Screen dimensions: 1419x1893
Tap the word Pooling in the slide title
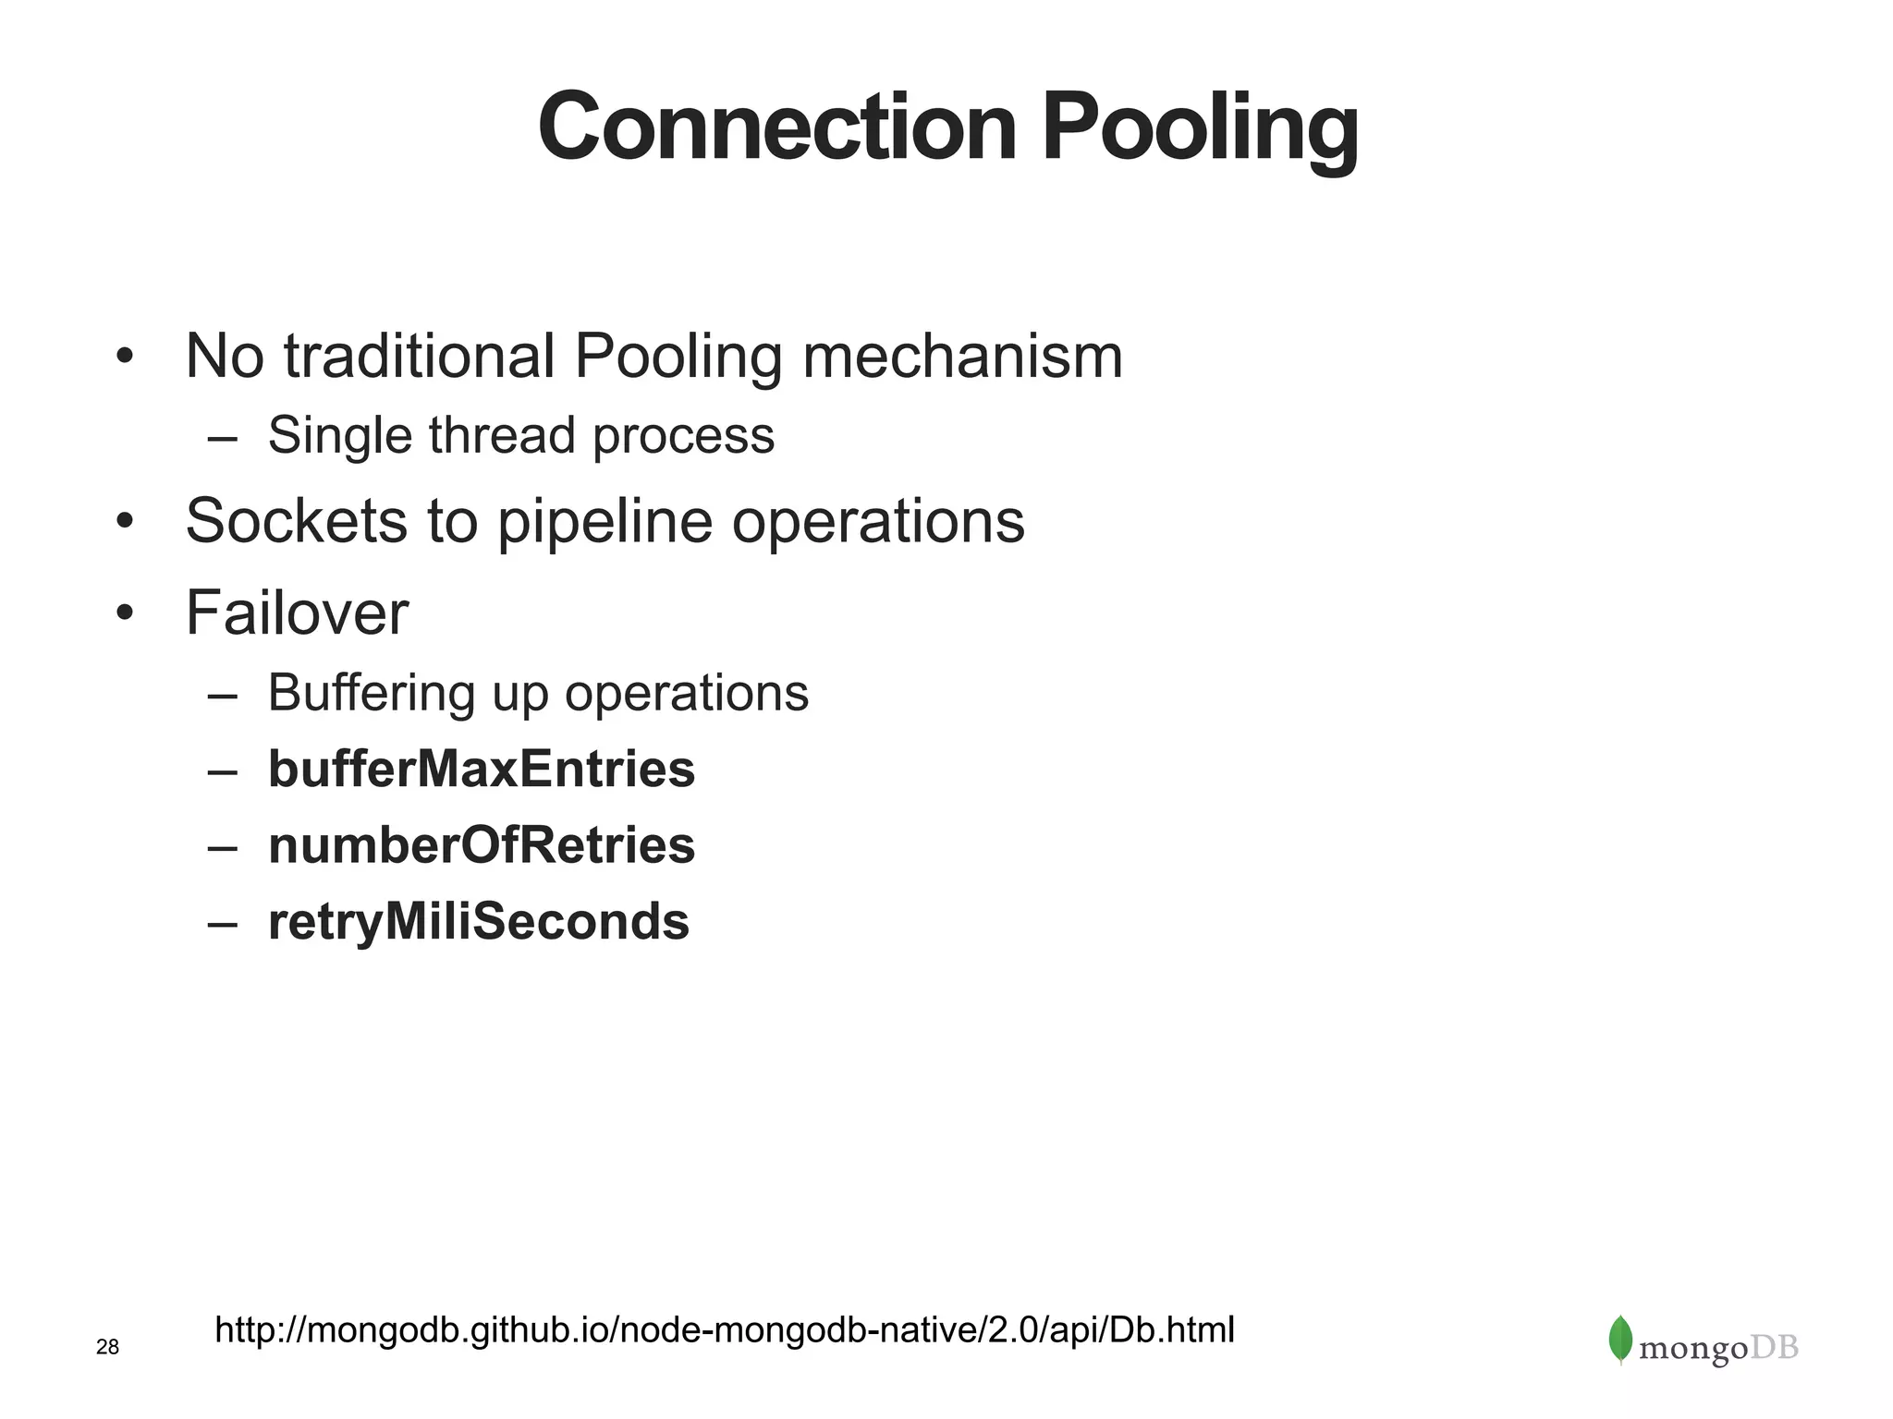click(1200, 129)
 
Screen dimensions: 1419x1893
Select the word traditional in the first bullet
click(420, 356)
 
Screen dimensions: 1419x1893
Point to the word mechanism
click(962, 356)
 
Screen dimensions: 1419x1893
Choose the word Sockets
click(296, 520)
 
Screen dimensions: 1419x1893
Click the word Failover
click(297, 612)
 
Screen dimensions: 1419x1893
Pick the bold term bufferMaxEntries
click(481, 769)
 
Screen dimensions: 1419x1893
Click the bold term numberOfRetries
click(481, 845)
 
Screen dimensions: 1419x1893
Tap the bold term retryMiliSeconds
click(478, 922)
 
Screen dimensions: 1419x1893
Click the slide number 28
click(108, 1348)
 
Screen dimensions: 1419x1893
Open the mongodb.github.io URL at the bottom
click(724, 1330)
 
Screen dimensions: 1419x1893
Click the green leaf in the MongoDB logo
click(1619, 1339)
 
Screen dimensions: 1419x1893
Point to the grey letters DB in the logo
click(1775, 1348)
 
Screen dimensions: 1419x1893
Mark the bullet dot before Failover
click(126, 613)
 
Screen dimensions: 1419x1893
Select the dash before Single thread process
click(223, 437)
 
